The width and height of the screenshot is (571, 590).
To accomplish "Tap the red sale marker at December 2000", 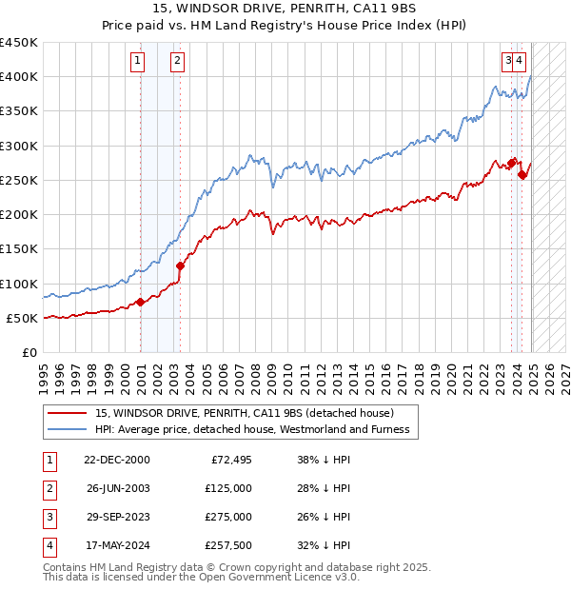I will [141, 303].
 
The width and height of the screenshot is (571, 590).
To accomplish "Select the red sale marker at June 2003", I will [180, 266].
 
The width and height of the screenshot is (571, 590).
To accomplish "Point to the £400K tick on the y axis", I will [19, 77].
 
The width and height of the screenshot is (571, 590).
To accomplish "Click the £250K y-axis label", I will [19, 180].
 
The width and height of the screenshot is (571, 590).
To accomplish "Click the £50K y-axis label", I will [23, 318].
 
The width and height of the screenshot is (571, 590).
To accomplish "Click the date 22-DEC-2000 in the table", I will [117, 460].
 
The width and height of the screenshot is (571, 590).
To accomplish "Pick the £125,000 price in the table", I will [228, 488].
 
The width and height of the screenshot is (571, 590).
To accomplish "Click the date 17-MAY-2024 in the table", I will [117, 545].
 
